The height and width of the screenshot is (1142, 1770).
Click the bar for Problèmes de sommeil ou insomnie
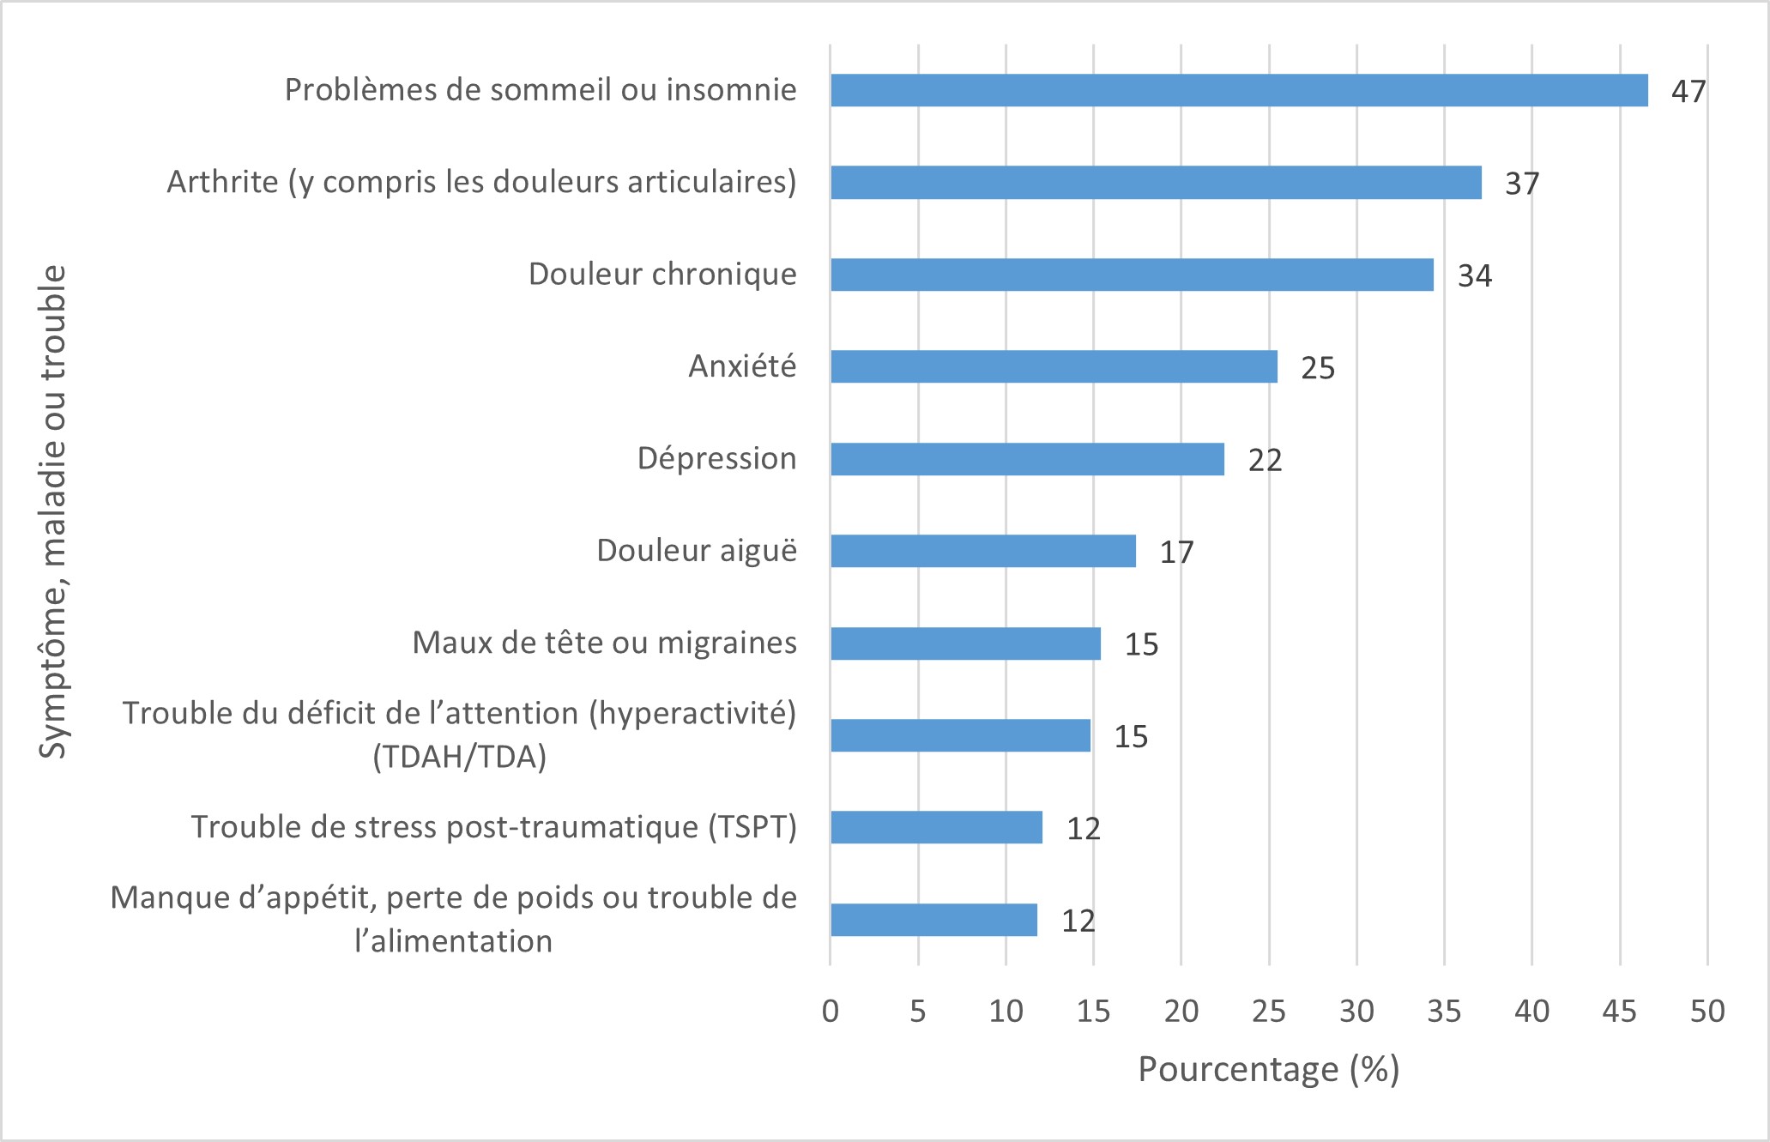tap(1239, 90)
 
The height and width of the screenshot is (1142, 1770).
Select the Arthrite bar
tap(1156, 183)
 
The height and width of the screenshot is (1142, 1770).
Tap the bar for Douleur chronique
tap(1132, 275)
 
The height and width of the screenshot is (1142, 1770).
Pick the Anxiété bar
tap(1054, 366)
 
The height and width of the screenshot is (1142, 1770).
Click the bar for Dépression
tap(1027, 459)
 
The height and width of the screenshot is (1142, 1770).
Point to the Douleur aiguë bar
tap(983, 551)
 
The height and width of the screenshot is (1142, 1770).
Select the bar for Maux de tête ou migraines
tap(965, 644)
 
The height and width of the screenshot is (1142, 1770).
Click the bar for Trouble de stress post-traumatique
tap(936, 827)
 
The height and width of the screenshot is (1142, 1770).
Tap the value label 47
tap(1688, 91)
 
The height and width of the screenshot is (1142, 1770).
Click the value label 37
tap(1522, 184)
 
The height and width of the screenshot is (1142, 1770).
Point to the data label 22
tap(1265, 460)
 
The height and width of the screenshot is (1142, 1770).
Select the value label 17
tap(1176, 552)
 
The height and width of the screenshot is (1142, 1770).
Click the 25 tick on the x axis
tap(1268, 1012)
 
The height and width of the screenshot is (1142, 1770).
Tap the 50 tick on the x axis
tap(1707, 1012)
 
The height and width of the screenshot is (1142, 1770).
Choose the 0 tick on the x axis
tap(830, 1012)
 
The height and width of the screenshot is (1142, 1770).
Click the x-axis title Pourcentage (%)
tap(1268, 1069)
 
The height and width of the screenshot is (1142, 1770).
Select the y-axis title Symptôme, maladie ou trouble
tap(53, 511)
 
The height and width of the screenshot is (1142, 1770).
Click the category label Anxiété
tap(742, 366)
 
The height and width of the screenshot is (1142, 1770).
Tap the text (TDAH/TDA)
tap(459, 757)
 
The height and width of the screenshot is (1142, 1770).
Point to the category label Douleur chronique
tap(662, 274)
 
